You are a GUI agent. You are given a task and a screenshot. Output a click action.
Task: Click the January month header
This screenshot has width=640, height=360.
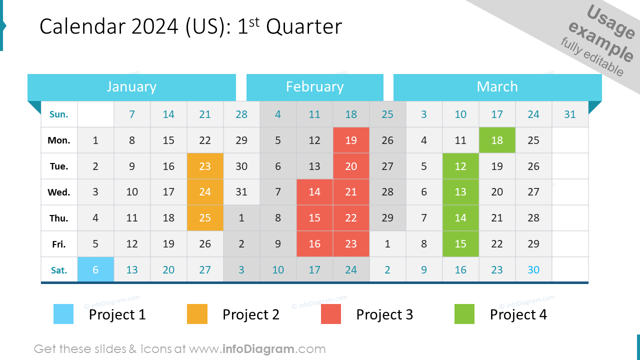coord(131,87)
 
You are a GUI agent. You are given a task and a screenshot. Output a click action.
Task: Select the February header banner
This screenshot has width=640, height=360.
coord(314,87)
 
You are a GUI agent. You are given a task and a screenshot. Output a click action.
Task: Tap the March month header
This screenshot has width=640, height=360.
coord(497,87)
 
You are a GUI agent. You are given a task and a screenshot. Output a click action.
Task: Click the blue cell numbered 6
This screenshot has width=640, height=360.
coord(95,270)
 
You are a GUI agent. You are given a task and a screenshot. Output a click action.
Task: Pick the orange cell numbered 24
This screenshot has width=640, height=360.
coord(205,192)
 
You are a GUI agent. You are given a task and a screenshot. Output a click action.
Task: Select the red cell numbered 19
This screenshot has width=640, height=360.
coord(351,140)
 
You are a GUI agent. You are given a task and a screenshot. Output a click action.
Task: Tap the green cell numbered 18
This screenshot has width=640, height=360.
coord(497,140)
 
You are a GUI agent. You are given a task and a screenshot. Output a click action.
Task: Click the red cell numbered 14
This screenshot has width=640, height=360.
coord(314,192)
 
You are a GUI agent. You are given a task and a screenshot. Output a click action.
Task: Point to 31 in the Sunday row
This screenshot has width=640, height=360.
coord(570,114)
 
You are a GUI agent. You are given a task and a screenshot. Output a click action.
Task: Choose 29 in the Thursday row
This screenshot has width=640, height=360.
coord(387,218)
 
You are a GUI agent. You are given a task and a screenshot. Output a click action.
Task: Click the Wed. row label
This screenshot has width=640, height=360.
coord(59,192)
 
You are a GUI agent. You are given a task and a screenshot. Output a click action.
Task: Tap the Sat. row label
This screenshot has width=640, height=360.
coord(59,270)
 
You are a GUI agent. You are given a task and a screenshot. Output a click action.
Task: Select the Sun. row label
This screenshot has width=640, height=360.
coord(59,114)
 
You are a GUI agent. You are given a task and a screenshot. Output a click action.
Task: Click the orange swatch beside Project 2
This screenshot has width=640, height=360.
coord(197,314)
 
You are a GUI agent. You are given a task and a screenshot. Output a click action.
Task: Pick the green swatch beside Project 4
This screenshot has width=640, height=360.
coord(464,314)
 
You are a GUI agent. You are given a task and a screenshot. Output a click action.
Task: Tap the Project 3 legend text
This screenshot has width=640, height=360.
coord(384,314)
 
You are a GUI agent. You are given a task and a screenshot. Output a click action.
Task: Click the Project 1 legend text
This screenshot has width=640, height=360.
coord(117,314)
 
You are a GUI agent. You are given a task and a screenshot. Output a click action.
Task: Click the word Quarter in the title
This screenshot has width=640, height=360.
coord(304,27)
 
